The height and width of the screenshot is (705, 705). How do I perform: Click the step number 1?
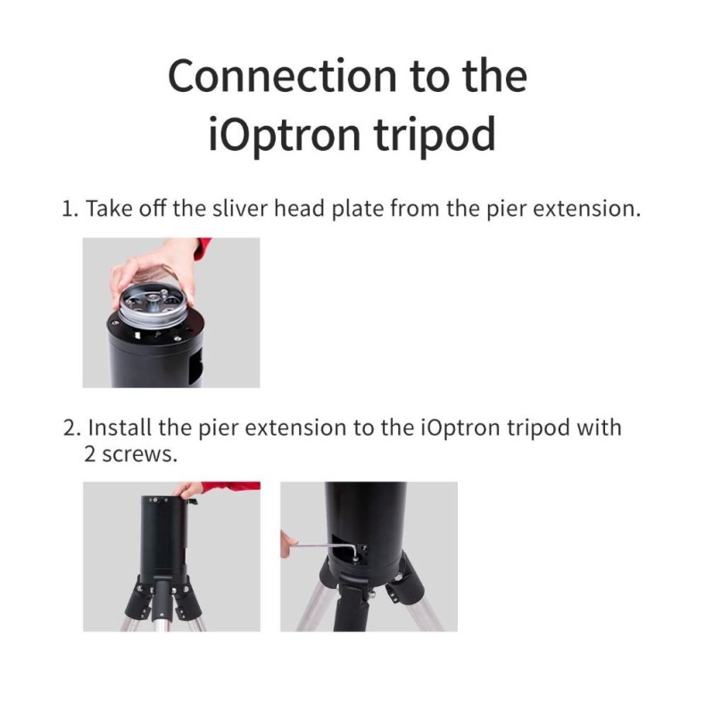pos(68,210)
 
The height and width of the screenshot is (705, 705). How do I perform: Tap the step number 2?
pos(70,427)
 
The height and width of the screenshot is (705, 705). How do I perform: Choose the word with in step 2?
pos(600,427)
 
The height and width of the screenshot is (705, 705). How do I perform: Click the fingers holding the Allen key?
pos(286,543)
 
